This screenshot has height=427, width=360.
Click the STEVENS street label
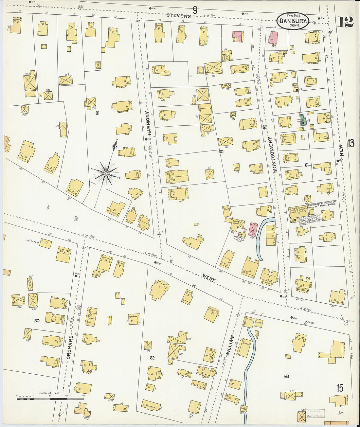coord(178,15)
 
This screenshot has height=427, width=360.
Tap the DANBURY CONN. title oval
coord(293,20)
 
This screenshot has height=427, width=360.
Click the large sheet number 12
coord(345,22)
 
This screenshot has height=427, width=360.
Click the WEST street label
coord(208,278)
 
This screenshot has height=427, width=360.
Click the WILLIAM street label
coord(232,347)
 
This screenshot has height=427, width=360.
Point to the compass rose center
coord(106,173)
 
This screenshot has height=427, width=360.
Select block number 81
coord(97,113)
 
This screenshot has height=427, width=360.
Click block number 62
coord(152,358)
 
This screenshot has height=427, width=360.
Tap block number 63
coord(286,376)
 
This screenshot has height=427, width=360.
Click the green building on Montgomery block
coord(303,120)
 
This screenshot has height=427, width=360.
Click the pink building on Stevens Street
coord(238,36)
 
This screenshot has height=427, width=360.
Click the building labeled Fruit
coord(259,322)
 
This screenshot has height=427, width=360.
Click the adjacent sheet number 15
coord(340,388)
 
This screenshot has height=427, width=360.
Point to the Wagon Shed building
coord(236,222)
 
